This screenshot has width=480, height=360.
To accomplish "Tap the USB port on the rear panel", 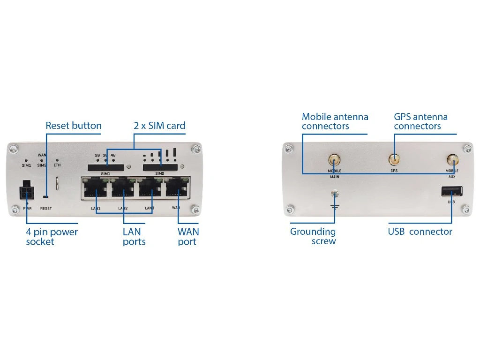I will pos(451,191).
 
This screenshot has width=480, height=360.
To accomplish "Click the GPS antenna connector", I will pos(394,160).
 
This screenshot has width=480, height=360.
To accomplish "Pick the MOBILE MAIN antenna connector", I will pos(334,160).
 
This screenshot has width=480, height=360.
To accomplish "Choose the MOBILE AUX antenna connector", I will pos(452,160).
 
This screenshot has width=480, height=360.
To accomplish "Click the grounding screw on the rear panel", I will pos(335,194).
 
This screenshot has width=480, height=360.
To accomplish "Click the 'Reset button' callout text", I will pos(74,126).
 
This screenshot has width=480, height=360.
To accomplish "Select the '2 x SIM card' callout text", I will pos(159,126).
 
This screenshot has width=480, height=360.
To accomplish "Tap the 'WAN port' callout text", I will pos(188,237).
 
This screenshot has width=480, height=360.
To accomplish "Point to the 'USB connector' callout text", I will pos(420,232).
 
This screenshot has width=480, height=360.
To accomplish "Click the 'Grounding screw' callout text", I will pos(313,236).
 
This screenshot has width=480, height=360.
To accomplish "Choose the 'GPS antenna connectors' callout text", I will pos(420,121).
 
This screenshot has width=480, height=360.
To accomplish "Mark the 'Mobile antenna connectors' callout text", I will pos(335,121).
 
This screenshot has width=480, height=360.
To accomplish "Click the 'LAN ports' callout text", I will pos(134,237).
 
